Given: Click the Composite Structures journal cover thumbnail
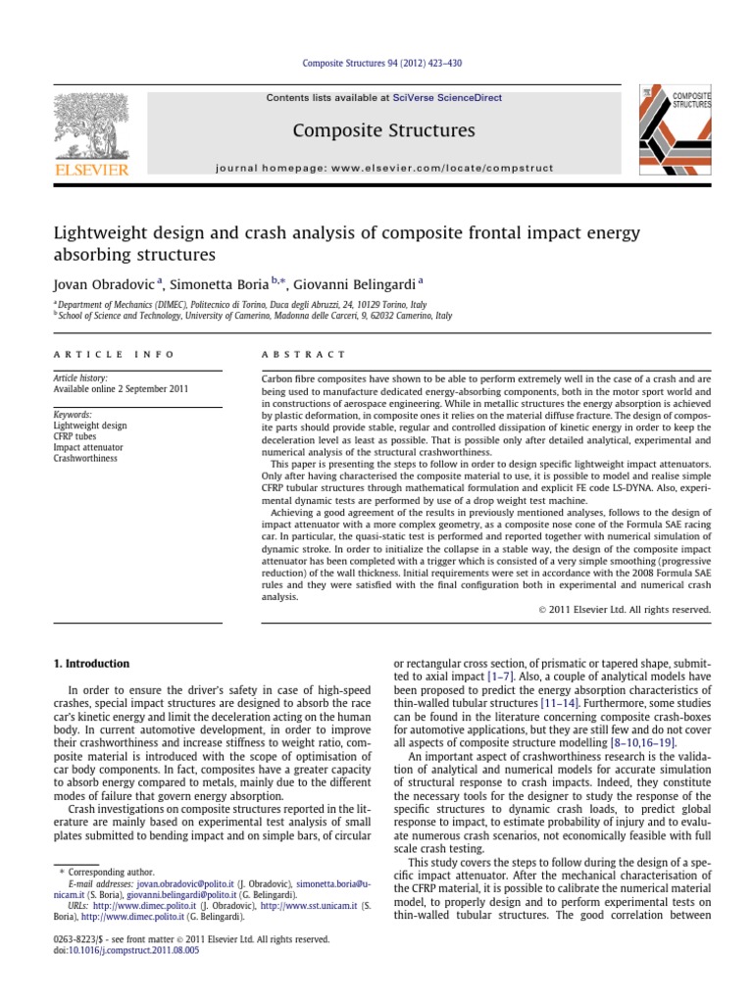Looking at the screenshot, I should point(676,131).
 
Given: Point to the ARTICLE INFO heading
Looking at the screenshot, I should point(113,354).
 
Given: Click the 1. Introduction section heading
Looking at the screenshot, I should point(91,664).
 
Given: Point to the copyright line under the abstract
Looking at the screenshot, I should point(625,609).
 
